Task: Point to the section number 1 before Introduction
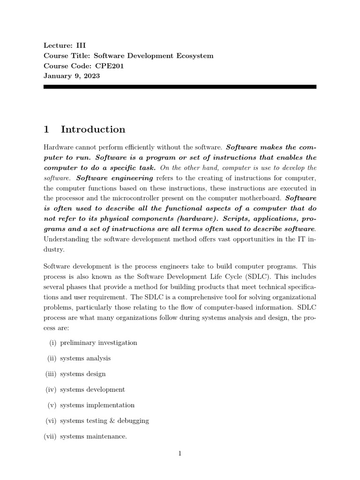pos(47,129)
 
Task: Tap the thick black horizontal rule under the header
pos(180,87)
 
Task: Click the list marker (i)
pos(52,343)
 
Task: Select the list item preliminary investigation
pos(98,343)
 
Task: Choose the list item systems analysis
pos(85,358)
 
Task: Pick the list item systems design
pos(83,374)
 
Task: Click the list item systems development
pos(92,390)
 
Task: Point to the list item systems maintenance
pos(93,436)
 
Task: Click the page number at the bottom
pos(180,453)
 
